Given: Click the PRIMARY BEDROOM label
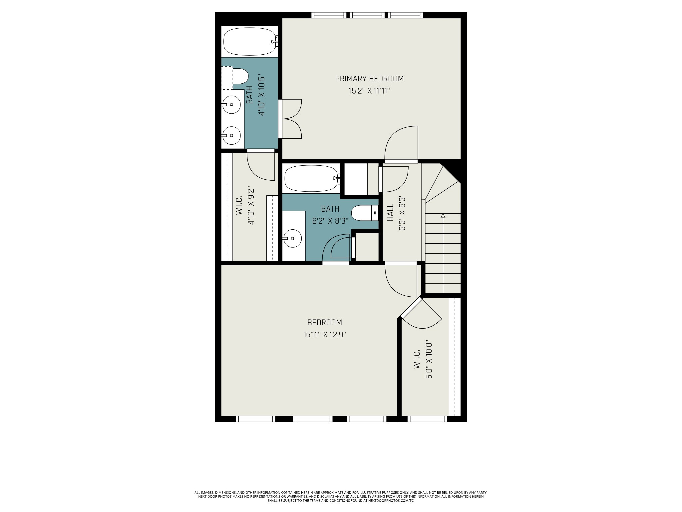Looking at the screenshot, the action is point(369,79).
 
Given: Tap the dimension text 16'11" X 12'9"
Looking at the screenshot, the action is point(325,335).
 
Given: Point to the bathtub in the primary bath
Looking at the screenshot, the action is point(250,42).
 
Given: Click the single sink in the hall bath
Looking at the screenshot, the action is point(292,238).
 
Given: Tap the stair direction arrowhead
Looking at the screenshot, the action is point(443,216).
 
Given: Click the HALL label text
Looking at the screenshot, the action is point(391,212).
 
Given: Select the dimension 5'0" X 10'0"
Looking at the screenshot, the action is point(429,361).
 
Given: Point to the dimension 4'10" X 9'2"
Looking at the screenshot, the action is point(251,207).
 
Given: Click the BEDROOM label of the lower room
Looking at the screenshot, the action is point(325,323).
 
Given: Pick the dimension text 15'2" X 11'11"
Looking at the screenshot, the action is point(369,91).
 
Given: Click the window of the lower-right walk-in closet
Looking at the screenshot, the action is point(427,419).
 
